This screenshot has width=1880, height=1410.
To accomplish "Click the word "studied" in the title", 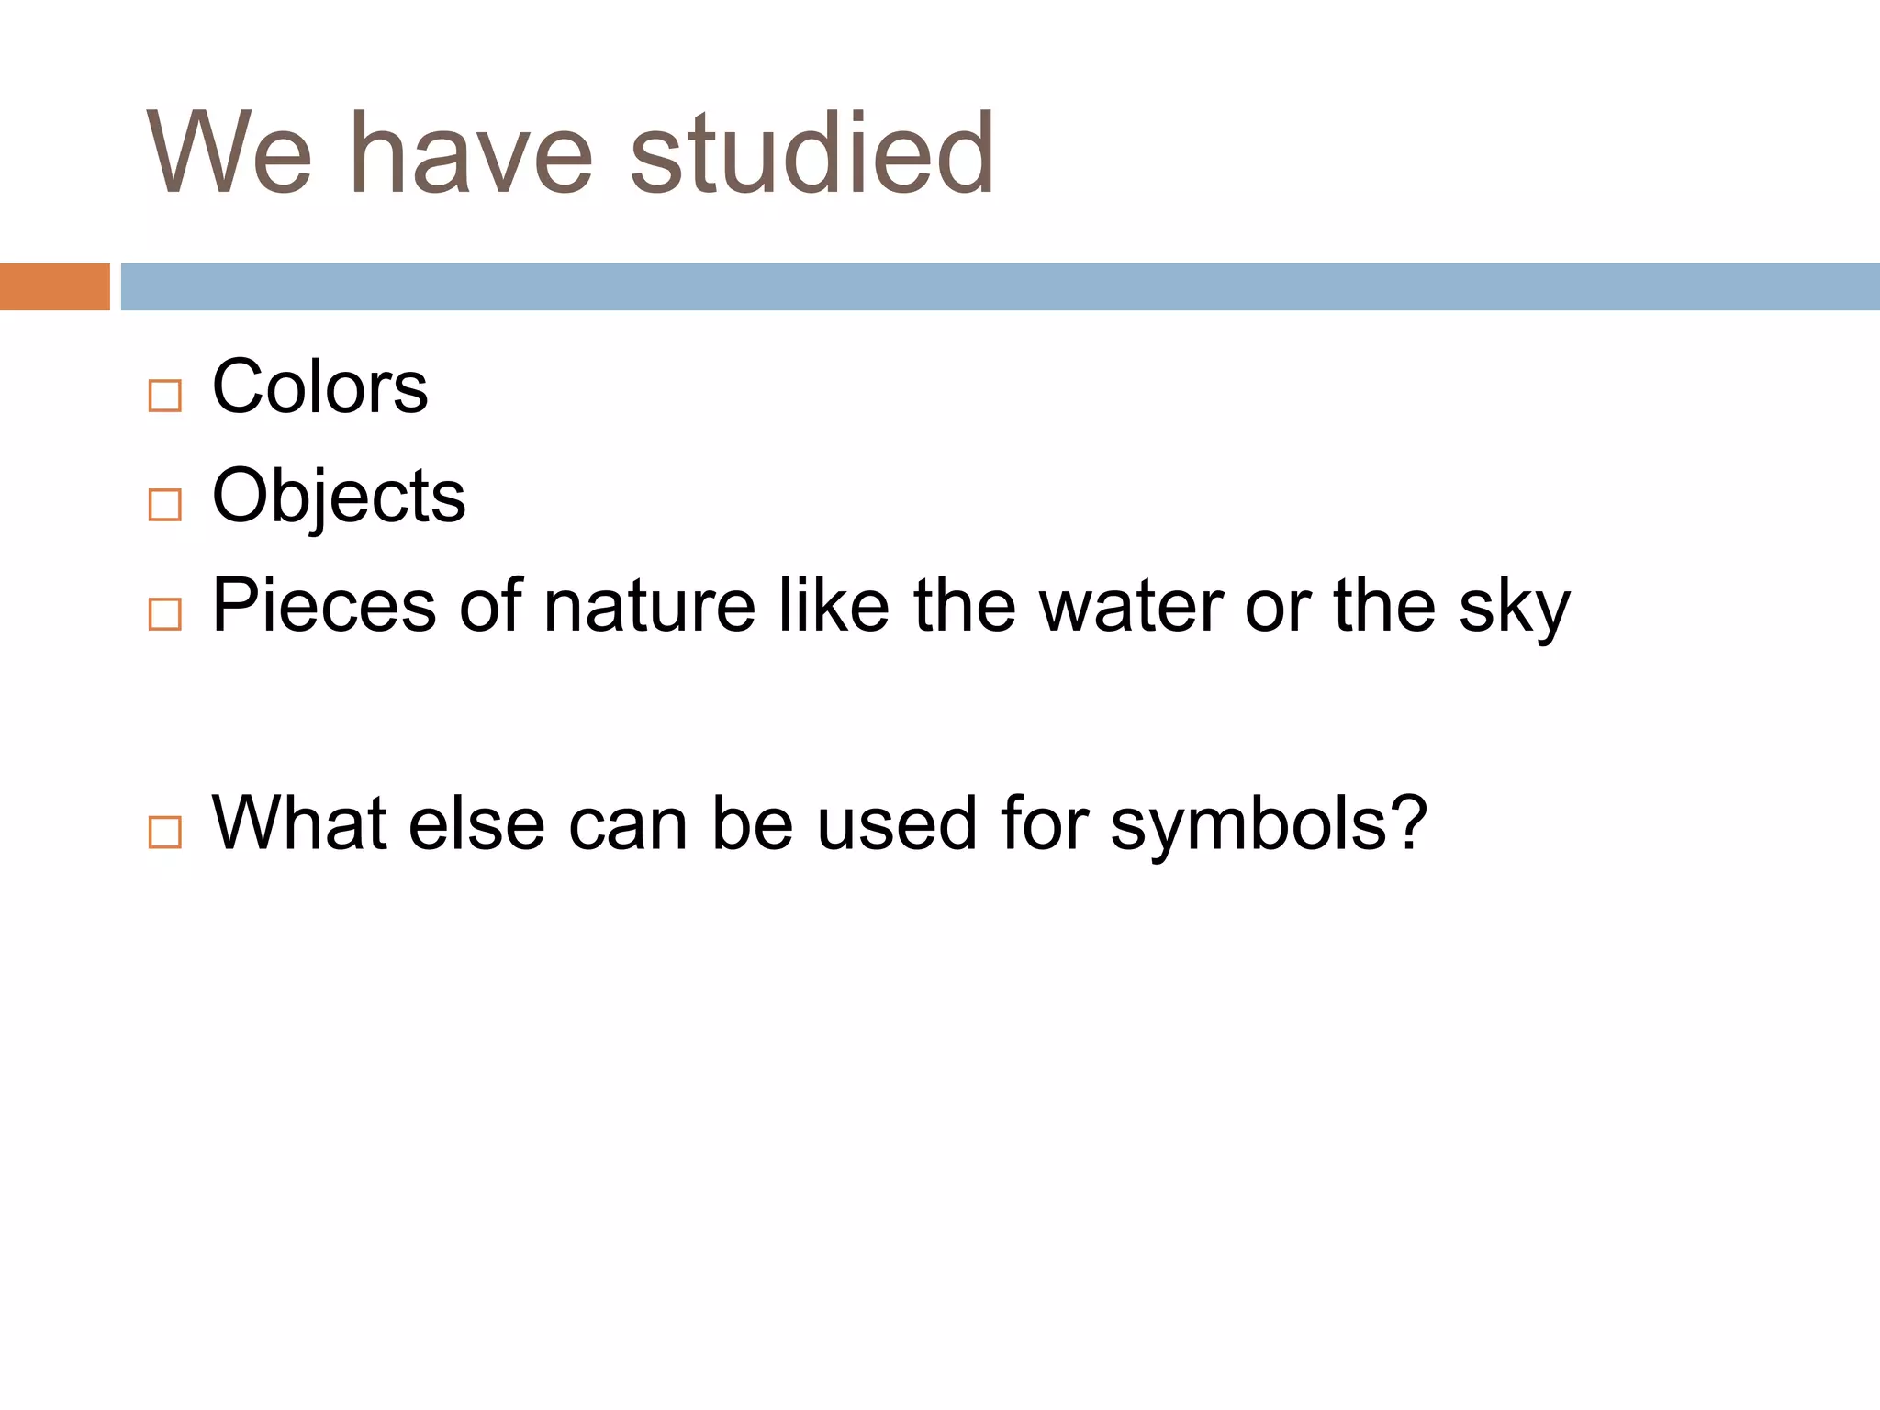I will click(x=811, y=154).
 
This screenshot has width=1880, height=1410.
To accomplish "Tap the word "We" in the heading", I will click(x=229, y=154).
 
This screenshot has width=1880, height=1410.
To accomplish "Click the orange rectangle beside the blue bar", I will click(x=55, y=286).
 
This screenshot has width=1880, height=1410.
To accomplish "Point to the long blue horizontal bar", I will click(x=1001, y=286).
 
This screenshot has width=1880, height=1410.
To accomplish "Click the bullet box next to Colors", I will click(x=165, y=397).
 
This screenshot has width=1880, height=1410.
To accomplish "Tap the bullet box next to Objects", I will click(x=165, y=505).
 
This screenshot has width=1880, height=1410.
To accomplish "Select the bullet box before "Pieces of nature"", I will click(x=165, y=614).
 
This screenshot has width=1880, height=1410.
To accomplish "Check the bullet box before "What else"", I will click(x=165, y=832).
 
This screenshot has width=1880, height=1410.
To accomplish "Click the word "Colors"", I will click(x=319, y=387).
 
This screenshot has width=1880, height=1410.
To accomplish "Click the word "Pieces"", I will click(x=324, y=606).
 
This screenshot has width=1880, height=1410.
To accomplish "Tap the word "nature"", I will click(x=649, y=606).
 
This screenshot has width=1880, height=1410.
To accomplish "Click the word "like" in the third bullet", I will click(x=834, y=606).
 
